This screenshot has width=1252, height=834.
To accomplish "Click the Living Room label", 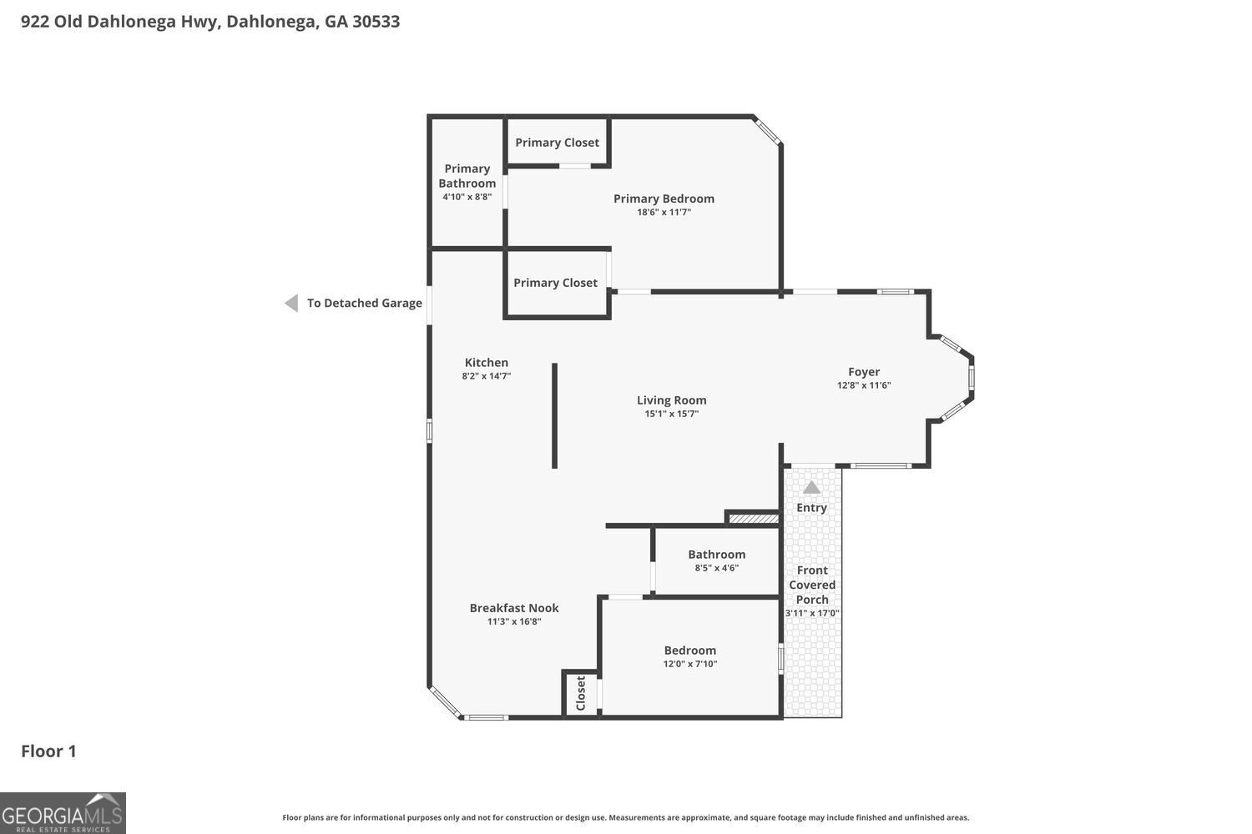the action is coord(671,400).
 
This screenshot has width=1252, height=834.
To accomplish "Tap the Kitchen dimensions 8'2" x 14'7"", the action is coord(487,376).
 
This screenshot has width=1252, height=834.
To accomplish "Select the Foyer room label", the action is coord(864,372).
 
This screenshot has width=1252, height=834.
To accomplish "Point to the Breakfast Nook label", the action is coord(513,608).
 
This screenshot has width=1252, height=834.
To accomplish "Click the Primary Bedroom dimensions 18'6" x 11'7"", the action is coord(664,213).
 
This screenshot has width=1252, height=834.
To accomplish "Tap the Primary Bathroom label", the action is coord(467,175).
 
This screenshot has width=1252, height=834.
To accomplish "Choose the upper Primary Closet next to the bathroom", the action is coord(557,143).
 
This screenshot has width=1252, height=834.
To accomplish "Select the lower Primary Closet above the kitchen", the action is coord(555,283).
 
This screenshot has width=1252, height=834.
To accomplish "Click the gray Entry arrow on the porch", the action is coord(811,488).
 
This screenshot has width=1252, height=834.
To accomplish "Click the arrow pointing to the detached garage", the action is coord(291,304).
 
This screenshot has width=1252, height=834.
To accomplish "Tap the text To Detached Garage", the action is coord(365,303).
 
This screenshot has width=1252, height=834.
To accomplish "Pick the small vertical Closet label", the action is coord(580,693).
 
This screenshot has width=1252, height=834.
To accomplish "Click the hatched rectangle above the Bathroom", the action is coord(754,519).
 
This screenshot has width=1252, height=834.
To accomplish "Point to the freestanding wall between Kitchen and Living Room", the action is coord(554,415).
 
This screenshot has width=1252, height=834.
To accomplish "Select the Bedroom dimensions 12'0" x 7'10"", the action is coord(689,664).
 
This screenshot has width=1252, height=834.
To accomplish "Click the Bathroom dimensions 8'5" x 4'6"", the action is coord(716,568).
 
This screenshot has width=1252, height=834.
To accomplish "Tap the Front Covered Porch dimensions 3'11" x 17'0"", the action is coord(812,613).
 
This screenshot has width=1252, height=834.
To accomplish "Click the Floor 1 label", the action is coord(48,751).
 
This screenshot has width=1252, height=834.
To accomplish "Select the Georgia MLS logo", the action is coord(63,813).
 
